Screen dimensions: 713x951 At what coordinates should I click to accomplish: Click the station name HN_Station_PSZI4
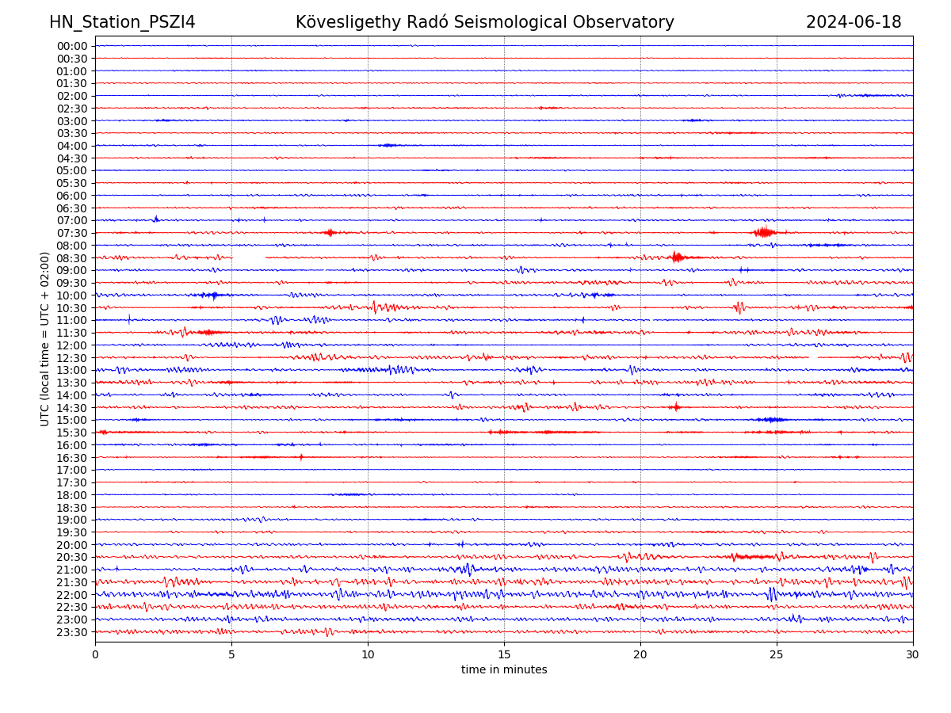[x=122, y=22]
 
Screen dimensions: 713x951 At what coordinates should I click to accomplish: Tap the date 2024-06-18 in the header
[x=854, y=22]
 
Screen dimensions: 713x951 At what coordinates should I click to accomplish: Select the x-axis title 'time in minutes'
[x=504, y=670]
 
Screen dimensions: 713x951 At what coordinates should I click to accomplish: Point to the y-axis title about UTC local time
[x=45, y=339]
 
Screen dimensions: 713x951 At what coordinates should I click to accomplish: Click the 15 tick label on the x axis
[x=504, y=655]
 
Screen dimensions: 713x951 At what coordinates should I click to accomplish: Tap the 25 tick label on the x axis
[x=777, y=655]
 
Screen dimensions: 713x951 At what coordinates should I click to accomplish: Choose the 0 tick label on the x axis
[x=95, y=655]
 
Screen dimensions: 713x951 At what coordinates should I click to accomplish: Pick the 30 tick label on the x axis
[x=913, y=655]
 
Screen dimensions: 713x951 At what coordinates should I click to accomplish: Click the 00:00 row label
[x=72, y=46]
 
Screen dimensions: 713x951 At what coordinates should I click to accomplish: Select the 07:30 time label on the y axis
[x=72, y=233]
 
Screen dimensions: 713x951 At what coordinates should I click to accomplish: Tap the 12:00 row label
[x=72, y=345]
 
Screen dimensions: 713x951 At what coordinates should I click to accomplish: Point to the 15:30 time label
[x=72, y=433]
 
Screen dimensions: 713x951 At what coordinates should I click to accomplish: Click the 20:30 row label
[x=72, y=558]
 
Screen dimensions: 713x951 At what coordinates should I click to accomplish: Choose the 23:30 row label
[x=72, y=632]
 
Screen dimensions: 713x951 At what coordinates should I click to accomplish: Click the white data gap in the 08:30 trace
[x=249, y=257]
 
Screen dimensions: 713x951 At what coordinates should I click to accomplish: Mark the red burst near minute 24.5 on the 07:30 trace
[x=764, y=232]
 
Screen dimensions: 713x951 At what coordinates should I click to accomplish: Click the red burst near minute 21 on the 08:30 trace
[x=676, y=257]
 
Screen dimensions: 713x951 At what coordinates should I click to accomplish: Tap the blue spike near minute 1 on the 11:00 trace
[x=129, y=319]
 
